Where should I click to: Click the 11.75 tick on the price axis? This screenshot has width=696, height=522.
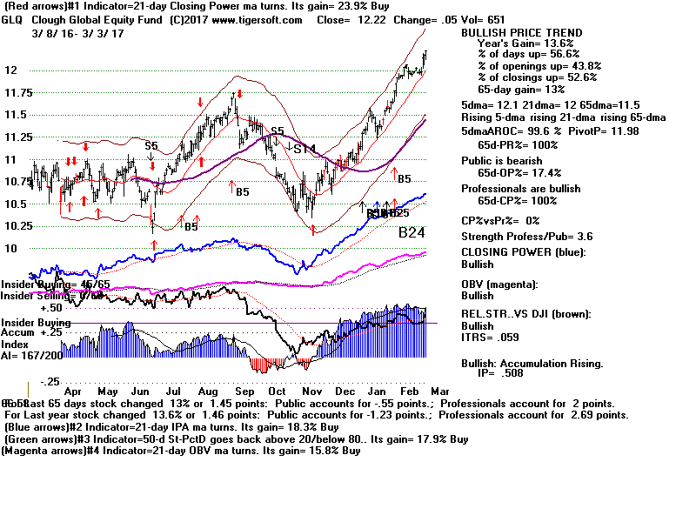pyautogui.click(x=17, y=92)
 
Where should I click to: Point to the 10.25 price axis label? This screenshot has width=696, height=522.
pyautogui.click(x=17, y=225)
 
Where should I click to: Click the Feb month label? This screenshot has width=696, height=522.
pyautogui.click(x=409, y=391)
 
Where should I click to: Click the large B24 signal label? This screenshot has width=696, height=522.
pyautogui.click(x=415, y=233)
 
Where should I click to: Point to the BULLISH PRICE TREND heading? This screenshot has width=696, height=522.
pyautogui.click(x=521, y=32)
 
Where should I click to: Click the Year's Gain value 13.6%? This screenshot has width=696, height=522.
pyautogui.click(x=557, y=43)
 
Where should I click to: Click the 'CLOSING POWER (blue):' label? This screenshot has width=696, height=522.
pyautogui.click(x=523, y=252)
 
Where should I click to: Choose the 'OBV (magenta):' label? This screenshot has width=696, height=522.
pyautogui.click(x=502, y=284)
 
